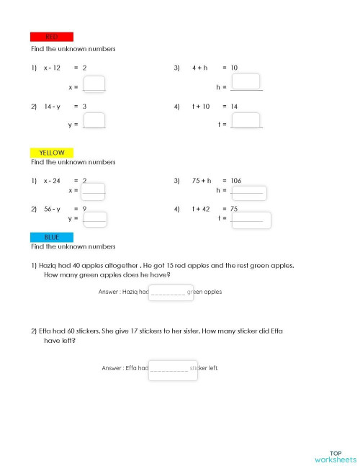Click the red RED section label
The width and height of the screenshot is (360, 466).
pyautogui.click(x=51, y=37)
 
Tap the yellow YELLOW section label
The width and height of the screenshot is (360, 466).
pyautogui.click(x=51, y=153)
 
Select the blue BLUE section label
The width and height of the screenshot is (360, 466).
pyautogui.click(x=51, y=236)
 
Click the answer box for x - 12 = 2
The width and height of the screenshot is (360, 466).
pyautogui.click(x=94, y=84)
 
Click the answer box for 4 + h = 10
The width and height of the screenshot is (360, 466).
pyautogui.click(x=246, y=81)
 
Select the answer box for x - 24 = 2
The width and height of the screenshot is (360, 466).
pyautogui.click(x=94, y=192)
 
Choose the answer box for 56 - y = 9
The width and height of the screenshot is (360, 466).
pyautogui.click(x=95, y=219)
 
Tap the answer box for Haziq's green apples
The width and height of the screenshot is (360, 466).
pyautogui.click(x=170, y=292)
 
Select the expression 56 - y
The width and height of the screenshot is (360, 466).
pyautogui.click(x=52, y=208)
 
